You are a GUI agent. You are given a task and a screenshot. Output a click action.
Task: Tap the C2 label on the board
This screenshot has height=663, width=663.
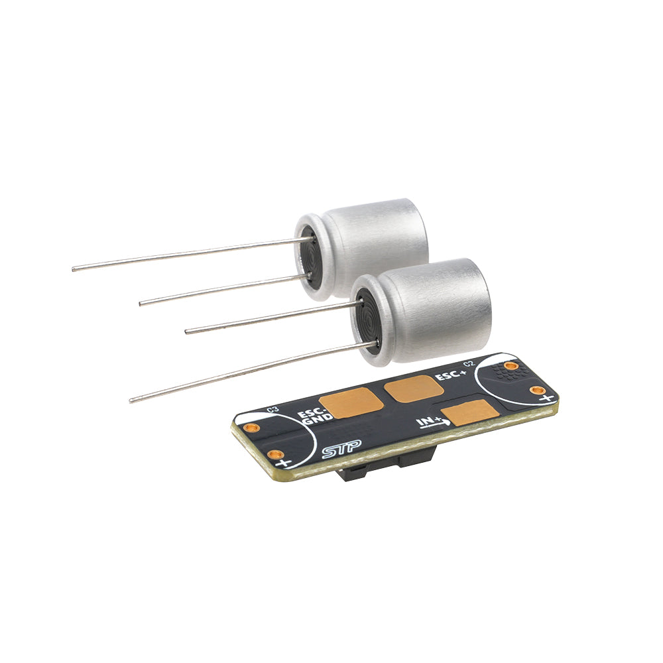tap(468, 364)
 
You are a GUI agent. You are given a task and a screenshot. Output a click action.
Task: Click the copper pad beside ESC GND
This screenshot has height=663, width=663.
tap(352, 402)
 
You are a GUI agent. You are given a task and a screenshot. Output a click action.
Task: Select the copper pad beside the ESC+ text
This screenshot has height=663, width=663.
tap(414, 388)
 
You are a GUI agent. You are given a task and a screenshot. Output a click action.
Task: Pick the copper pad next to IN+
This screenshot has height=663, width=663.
tap(470, 414)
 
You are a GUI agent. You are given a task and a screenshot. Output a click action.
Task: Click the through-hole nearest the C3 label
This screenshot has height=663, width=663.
tap(249, 428)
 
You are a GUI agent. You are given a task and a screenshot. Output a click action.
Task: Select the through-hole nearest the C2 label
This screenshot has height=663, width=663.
tap(510, 365)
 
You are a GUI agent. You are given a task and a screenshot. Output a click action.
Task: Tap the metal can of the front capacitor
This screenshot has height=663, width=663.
tap(438, 308)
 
